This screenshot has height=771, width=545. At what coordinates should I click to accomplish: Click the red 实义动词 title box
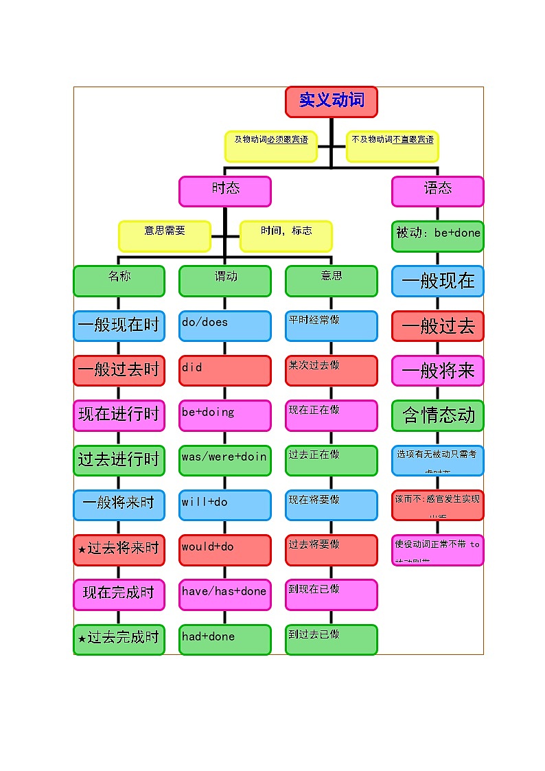click(332, 102)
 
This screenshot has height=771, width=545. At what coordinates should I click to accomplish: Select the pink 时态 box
click(225, 191)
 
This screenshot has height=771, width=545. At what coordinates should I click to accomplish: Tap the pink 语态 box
click(437, 191)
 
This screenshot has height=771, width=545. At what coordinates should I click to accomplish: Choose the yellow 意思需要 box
click(165, 235)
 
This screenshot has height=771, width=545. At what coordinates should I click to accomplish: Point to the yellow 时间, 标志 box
click(286, 235)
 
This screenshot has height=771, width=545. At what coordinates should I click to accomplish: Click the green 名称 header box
click(119, 281)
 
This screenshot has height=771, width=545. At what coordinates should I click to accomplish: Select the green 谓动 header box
click(225, 281)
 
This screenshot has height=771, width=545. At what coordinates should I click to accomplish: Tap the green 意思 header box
click(332, 281)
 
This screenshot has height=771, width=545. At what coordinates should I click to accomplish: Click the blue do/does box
click(225, 325)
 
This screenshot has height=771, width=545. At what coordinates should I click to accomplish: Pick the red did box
click(225, 370)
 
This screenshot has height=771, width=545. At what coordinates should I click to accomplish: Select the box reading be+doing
click(225, 415)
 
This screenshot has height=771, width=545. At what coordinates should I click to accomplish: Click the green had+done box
click(225, 639)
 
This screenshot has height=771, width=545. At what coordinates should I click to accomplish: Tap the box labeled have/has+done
click(225, 595)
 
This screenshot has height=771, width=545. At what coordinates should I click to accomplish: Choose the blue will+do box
click(225, 505)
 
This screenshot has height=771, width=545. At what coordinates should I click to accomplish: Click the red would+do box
click(225, 549)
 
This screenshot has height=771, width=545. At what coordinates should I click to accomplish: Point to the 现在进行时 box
click(119, 415)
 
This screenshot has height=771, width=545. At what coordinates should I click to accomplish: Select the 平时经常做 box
click(332, 325)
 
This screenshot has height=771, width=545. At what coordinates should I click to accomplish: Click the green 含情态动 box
click(437, 415)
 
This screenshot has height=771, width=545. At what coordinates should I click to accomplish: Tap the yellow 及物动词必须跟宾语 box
click(271, 146)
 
